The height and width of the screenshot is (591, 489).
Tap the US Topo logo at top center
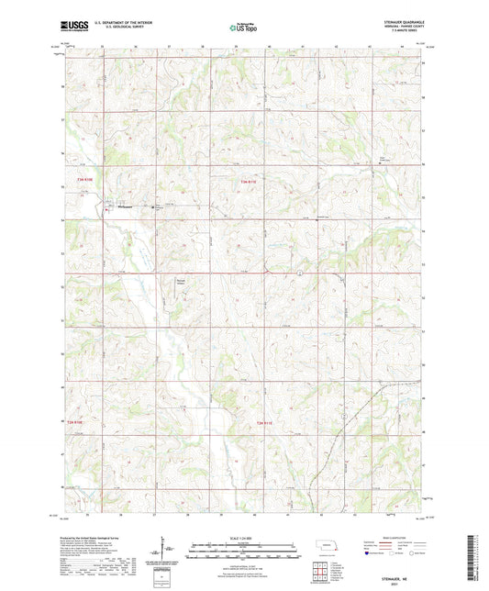tap(243, 28)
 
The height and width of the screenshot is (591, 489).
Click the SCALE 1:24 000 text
tap(243, 537)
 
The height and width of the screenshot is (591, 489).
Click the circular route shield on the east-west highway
tap(300, 273)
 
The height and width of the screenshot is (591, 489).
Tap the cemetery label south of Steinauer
tap(181, 283)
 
